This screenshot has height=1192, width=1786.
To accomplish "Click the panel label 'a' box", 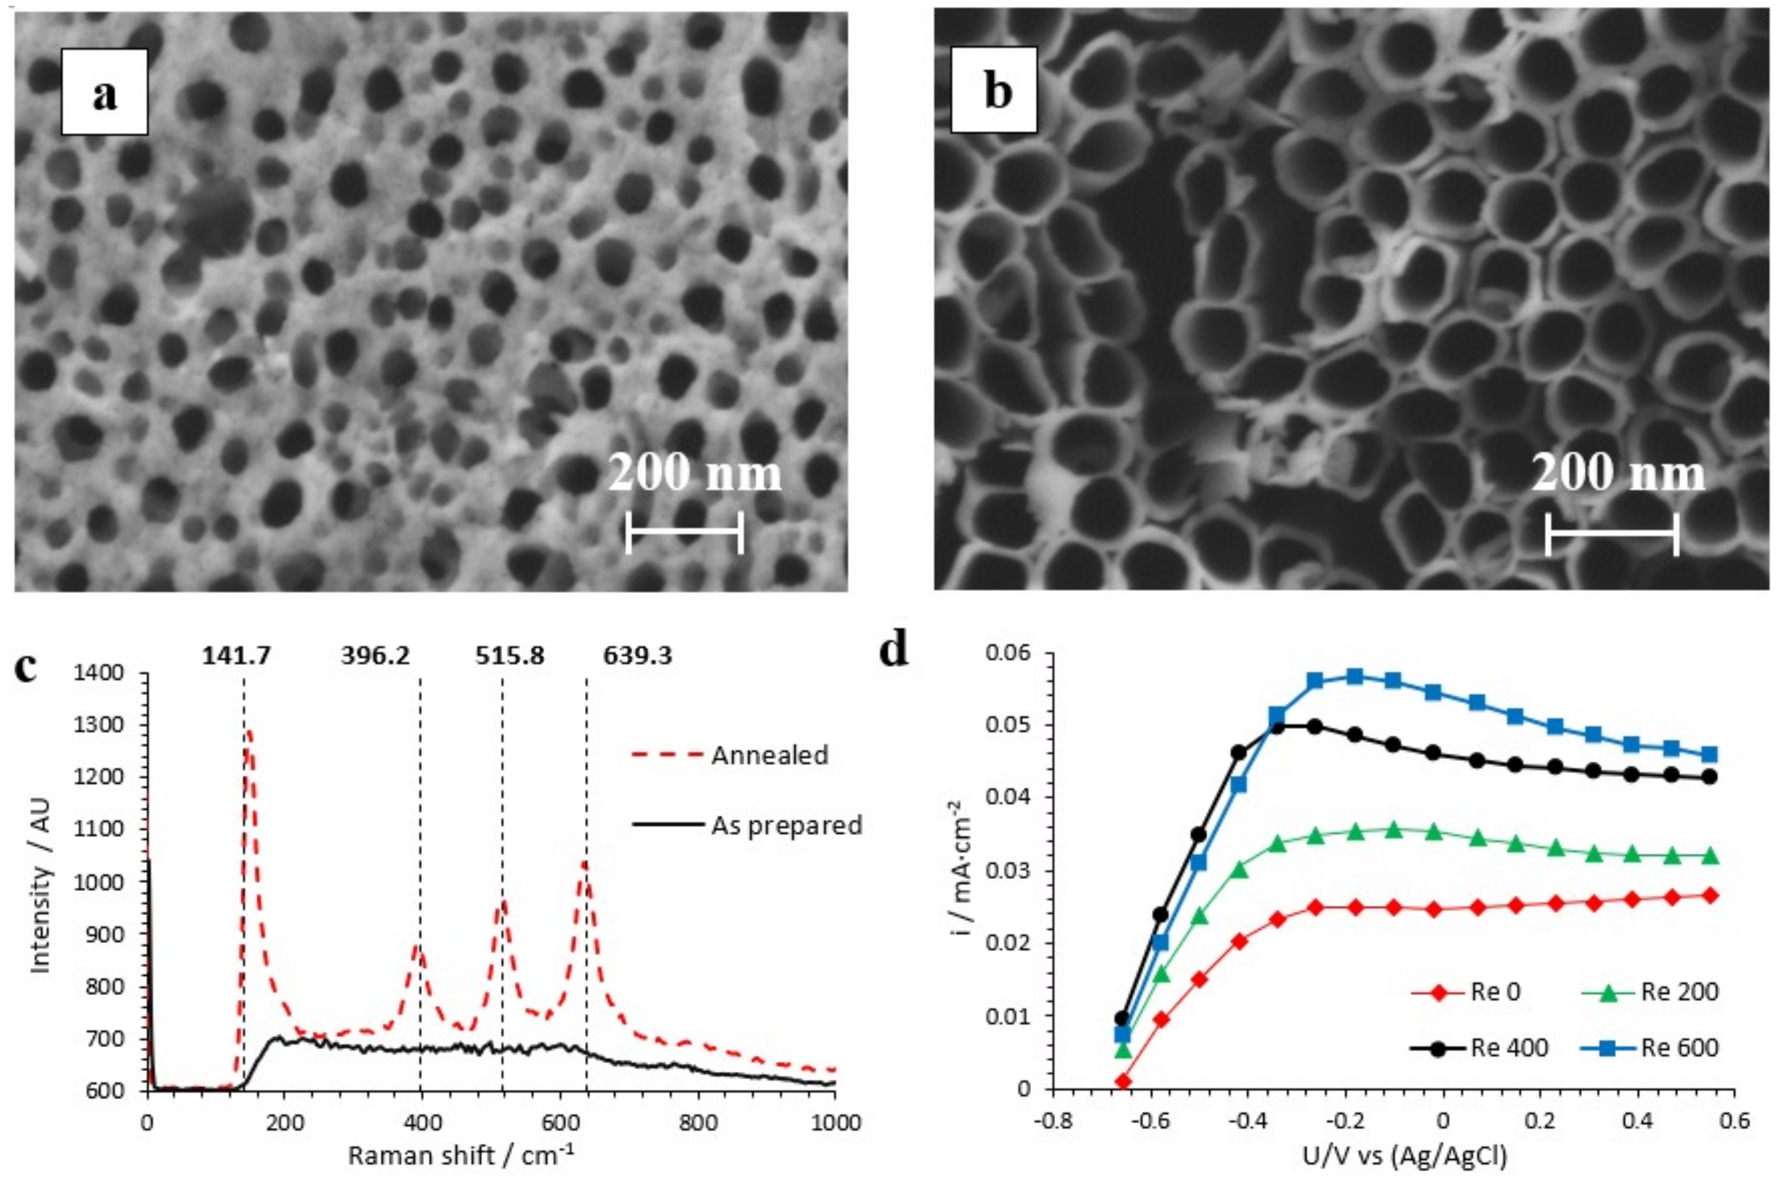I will tap(104, 92).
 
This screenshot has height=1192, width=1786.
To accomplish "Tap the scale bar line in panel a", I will tap(684, 532).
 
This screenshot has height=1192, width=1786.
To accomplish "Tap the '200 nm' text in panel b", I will tap(1617, 473).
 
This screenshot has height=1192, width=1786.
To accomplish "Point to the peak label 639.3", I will tap(637, 655).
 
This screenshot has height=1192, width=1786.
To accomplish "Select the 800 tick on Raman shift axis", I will tap(697, 1122).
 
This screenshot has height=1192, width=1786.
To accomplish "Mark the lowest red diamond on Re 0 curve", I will tap(1122, 1081).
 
